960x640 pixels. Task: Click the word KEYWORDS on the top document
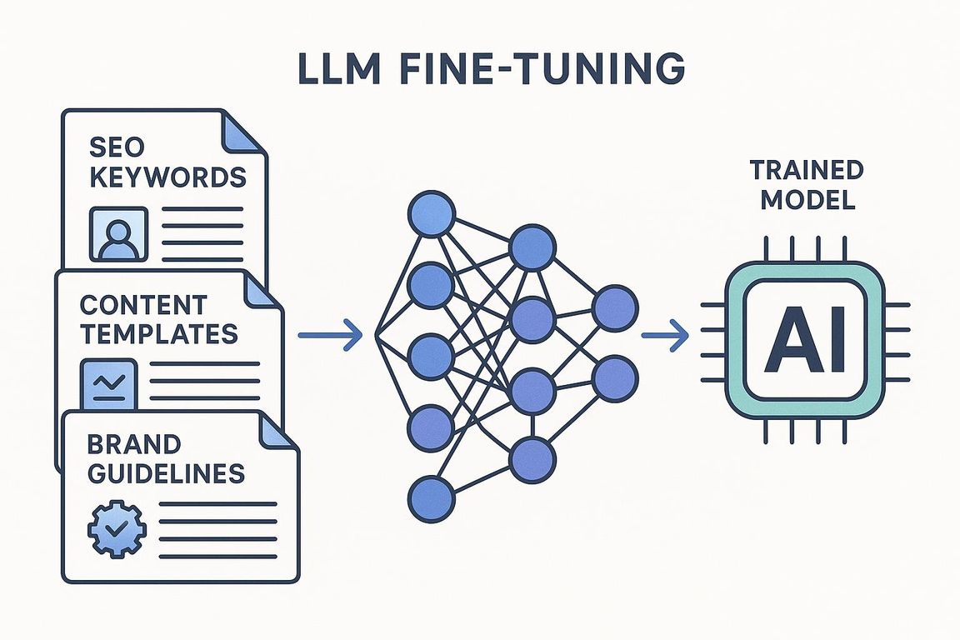(167, 177)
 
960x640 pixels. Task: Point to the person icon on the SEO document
(117, 232)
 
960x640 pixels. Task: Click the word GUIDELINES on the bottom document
(165, 472)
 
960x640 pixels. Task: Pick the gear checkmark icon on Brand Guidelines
(116, 527)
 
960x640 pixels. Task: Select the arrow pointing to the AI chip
(665, 336)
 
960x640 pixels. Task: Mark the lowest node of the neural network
(432, 497)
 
